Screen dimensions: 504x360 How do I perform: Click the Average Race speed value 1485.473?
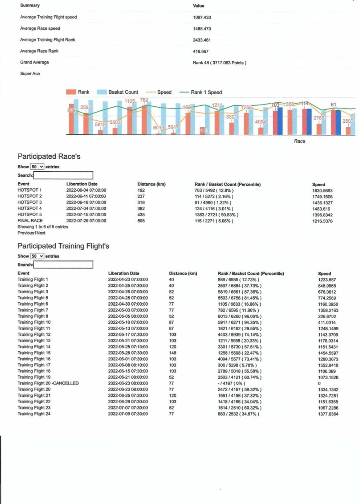[202, 29]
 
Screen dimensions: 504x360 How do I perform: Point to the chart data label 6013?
[159, 128]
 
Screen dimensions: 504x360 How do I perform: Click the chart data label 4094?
[260, 122]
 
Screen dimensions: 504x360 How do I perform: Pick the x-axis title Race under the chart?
[299, 141]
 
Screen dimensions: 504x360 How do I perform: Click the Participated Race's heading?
[49, 156]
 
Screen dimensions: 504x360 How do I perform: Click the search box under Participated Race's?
[63, 175]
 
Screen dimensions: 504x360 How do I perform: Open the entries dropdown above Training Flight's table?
[37, 256]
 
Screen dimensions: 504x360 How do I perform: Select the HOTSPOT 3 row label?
[30, 203]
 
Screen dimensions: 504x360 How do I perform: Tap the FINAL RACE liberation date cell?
[86, 221]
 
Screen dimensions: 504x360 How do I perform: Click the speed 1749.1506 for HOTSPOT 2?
[322, 197]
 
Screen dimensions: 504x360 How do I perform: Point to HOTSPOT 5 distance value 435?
[141, 215]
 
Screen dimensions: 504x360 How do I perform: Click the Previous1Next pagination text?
[31, 233]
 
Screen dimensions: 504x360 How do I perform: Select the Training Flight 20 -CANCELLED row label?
[48, 383]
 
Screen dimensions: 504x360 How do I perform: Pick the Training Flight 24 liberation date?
[128, 414]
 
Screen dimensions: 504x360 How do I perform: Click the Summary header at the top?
[30, 5]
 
